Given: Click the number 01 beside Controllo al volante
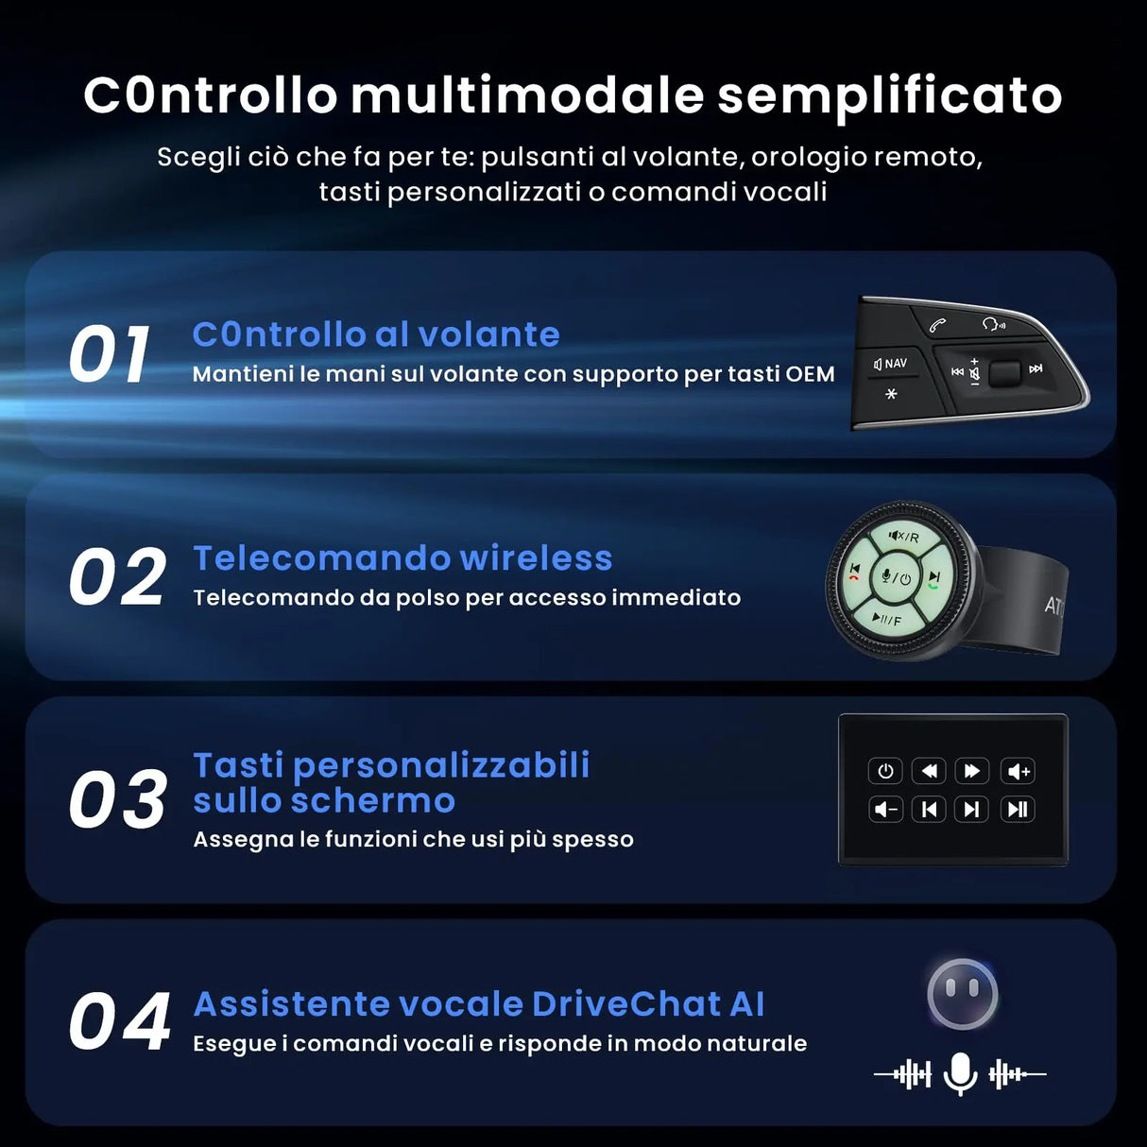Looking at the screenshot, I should point(110,355).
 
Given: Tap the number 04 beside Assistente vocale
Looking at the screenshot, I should point(119,1022).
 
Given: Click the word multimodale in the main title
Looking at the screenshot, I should point(527,95).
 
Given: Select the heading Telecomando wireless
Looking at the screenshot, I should point(402,558).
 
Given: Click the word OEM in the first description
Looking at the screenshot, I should point(810,374).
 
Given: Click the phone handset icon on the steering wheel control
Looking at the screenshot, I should point(937,325).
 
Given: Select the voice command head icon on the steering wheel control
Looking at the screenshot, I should point(993,324).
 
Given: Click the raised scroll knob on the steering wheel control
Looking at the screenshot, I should point(1003,371).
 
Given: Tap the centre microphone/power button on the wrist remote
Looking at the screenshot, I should point(894,577).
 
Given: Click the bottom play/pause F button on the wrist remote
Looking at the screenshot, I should point(886,620).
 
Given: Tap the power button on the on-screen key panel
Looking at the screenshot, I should point(885,771).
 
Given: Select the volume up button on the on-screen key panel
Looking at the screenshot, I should point(1018,771).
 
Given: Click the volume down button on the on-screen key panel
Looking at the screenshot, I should point(885,809).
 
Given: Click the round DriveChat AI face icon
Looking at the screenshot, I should point(962,994).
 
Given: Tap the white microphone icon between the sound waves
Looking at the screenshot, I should point(960,1073).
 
